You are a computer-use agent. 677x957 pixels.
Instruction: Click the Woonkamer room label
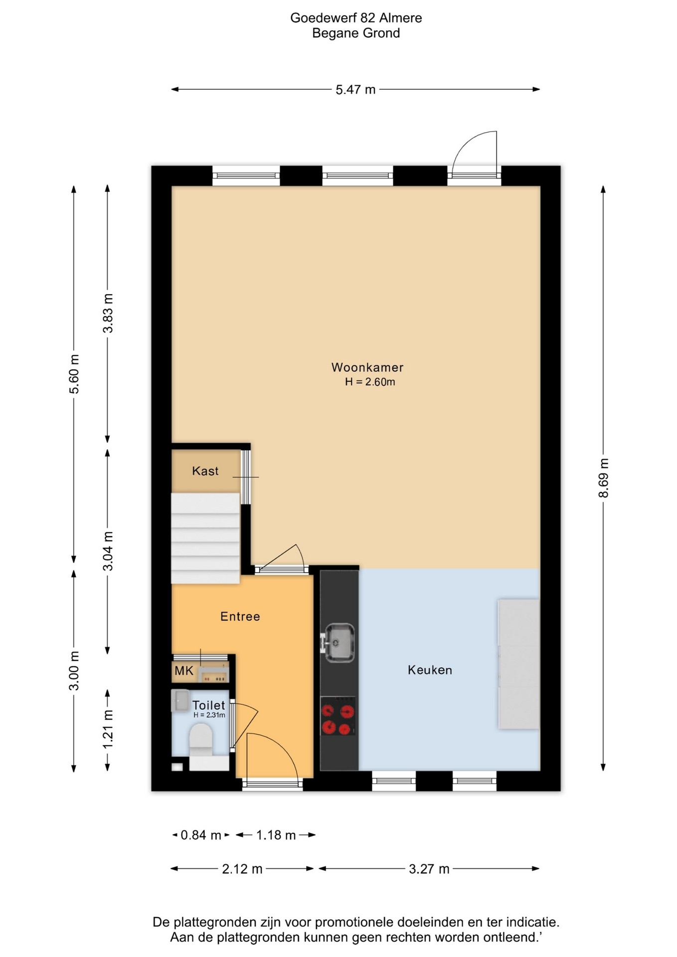(367, 367)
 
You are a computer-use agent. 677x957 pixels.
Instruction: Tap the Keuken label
(430, 670)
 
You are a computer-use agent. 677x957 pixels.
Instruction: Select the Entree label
(240, 617)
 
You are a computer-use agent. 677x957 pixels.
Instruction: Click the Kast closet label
(205, 471)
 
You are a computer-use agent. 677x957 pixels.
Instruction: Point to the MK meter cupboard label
(184, 671)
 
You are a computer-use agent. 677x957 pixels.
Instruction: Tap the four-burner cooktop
(338, 716)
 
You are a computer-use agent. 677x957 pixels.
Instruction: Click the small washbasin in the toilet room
(180, 700)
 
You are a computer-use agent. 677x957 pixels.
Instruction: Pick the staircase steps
(205, 538)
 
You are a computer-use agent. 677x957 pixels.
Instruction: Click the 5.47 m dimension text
(355, 90)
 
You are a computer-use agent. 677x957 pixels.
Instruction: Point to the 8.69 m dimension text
(604, 478)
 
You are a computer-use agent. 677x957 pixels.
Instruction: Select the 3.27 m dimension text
(429, 869)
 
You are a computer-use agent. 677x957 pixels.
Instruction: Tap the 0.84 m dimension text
(201, 835)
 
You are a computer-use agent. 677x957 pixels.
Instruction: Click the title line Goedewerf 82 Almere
(356, 18)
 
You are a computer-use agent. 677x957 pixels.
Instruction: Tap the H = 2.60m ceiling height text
(370, 382)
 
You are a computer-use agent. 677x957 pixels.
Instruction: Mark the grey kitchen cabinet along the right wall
(518, 664)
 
